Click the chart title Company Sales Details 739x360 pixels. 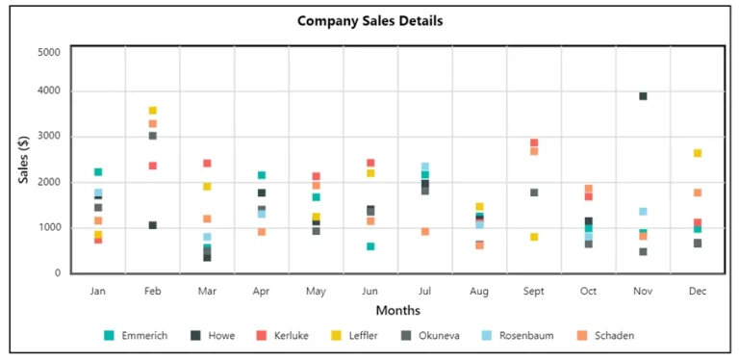point(369,20)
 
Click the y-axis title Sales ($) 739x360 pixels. point(24,159)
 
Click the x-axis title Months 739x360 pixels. point(397,310)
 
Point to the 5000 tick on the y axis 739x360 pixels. point(49,52)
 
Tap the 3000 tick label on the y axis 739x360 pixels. point(49,137)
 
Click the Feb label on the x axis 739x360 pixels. point(152,290)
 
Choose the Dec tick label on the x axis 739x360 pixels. point(697,290)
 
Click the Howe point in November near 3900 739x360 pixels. point(643,96)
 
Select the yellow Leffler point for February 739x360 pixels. point(152,111)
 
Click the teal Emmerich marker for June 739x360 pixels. point(370,246)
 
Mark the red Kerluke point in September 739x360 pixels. point(534,142)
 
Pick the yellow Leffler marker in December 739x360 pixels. point(698,153)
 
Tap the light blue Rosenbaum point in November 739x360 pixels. point(643,211)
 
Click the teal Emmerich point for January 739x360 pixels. point(98,171)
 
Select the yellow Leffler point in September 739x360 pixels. point(534,237)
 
